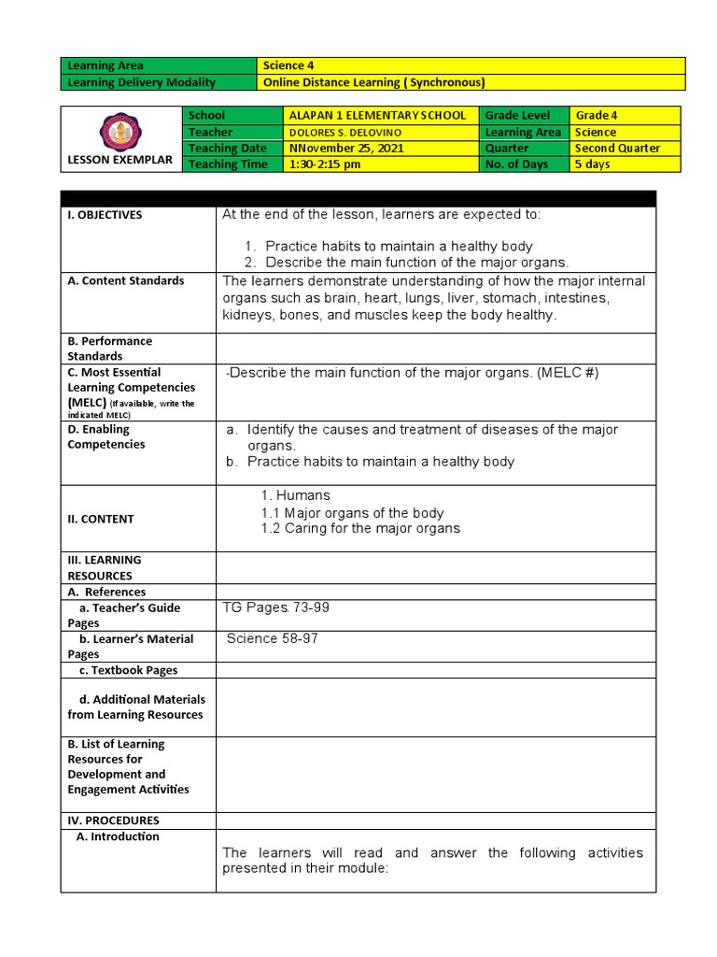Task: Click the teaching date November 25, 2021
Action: [343, 149]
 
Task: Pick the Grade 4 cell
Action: [597, 116]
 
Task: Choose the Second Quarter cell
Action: [617, 149]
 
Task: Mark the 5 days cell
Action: [593, 164]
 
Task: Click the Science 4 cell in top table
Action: [284, 65]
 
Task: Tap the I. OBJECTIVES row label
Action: [105, 215]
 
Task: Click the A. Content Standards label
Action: [125, 280]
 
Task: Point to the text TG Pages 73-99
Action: [275, 607]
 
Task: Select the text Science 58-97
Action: [265, 639]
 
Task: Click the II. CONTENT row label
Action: [101, 519]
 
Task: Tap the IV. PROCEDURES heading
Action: [113, 821]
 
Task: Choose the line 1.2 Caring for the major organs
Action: [360, 529]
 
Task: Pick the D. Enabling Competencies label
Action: [105, 436]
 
